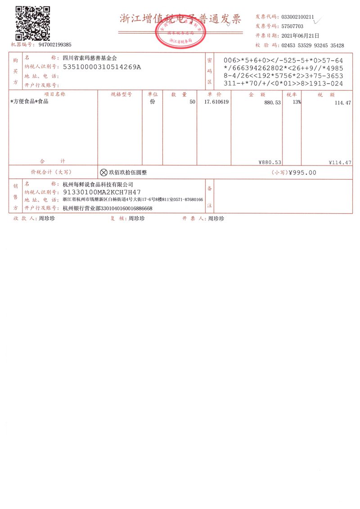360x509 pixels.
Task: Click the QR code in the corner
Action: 32,22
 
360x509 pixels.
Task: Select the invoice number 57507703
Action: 292,26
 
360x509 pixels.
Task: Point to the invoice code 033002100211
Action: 298,17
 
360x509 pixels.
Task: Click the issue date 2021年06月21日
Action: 300,36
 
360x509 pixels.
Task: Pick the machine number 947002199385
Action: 55,45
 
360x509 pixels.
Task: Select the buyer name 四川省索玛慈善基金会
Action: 90,58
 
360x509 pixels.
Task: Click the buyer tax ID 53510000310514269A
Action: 102,67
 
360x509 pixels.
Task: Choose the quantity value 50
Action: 192,103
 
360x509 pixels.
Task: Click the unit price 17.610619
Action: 216,102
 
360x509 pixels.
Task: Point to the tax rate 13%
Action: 296,102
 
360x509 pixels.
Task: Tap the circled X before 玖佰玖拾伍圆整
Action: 103,172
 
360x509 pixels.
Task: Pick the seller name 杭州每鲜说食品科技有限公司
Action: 98,184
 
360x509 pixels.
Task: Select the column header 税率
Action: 291,94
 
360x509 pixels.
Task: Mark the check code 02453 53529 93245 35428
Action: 312,45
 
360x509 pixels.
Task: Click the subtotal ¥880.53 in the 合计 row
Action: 270,162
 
